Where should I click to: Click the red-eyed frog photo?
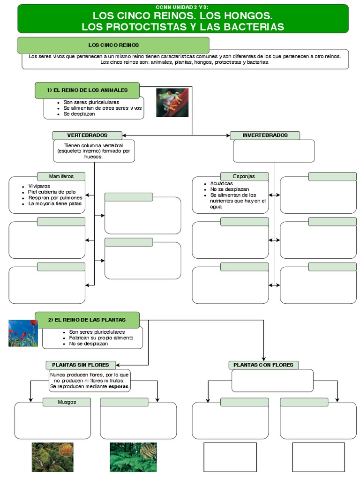pyautogui.click(x=172, y=102)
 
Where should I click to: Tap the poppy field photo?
pyautogui.click(x=23, y=333)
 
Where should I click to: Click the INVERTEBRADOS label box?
pyautogui.click(x=265, y=135)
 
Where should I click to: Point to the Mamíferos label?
pyautogui.click(x=61, y=176)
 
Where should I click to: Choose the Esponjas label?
pyautogui.click(x=244, y=176)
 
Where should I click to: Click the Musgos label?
pyautogui.click(x=67, y=402)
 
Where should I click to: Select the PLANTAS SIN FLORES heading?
pyautogui.click(x=81, y=365)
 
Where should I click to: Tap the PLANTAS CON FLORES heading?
pyautogui.click(x=263, y=365)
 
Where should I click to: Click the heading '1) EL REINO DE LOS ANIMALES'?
pyautogui.click(x=87, y=90)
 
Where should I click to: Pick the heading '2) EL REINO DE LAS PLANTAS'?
pyautogui.click(x=87, y=320)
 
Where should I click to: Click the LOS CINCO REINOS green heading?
pyautogui.click(x=113, y=45)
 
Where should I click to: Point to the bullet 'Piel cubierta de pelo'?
pyautogui.click(x=52, y=192)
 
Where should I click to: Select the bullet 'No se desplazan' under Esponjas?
pyautogui.click(x=230, y=189)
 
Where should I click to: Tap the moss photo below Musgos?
pyautogui.click(x=52, y=457)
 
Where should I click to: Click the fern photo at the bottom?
pyautogui.click(x=133, y=457)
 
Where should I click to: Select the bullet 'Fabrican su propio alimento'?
pyautogui.click(x=101, y=337)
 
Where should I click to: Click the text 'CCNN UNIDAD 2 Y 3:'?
pyautogui.click(x=183, y=7)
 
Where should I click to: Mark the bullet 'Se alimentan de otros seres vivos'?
pyautogui.click(x=102, y=108)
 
